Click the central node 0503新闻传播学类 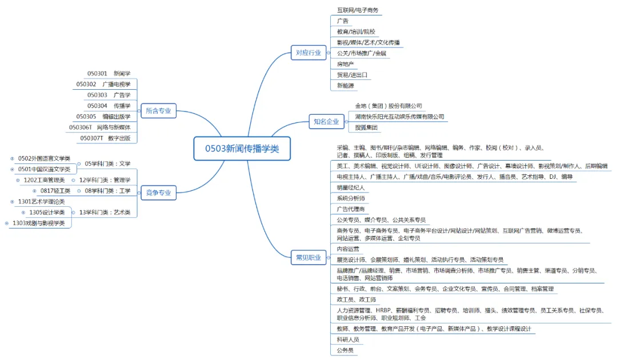pyautogui.click(x=242, y=149)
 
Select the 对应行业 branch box pyautogui.click(x=308, y=53)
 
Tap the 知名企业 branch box pyautogui.click(x=326, y=121)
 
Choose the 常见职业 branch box pyautogui.click(x=308, y=257)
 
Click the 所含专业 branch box pyautogui.click(x=158, y=111)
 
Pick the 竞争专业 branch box pyautogui.click(x=158, y=193)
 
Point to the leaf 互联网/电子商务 pyautogui.click(x=358, y=10)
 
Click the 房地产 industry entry pyautogui.click(x=345, y=64)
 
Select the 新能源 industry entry pyautogui.click(x=345, y=86)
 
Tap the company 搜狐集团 pyautogui.click(x=366, y=127)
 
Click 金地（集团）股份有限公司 pyautogui.click(x=388, y=106)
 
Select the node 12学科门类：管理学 pyautogui.click(x=105, y=180)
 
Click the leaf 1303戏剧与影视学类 pyautogui.click(x=38, y=223)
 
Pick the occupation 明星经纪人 pyautogui.click(x=350, y=187)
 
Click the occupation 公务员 pyautogui.click(x=345, y=350)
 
